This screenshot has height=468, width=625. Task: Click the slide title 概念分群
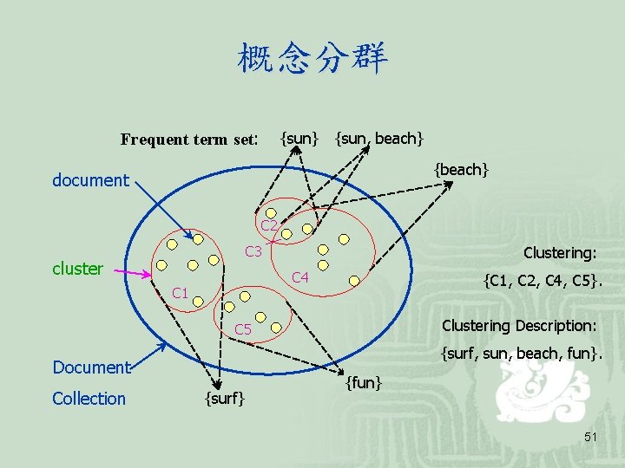pos(312,59)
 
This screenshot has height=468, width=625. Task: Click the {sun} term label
pos(299,137)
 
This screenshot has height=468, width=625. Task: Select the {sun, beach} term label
pos(379,137)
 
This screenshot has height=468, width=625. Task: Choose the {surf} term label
pos(224,398)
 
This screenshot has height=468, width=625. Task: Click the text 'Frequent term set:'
pos(189,139)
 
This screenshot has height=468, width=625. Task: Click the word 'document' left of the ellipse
pos(90,180)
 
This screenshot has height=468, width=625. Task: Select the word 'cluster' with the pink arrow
pos(77,269)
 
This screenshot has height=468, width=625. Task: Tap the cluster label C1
pos(181,293)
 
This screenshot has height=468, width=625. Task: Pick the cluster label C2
pos(269,226)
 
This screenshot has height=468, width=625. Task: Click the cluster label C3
pos(253,252)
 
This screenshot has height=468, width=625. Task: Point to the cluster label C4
pos(301,277)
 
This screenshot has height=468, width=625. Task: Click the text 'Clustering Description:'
pos(519,326)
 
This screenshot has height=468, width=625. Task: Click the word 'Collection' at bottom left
pos(89,399)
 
